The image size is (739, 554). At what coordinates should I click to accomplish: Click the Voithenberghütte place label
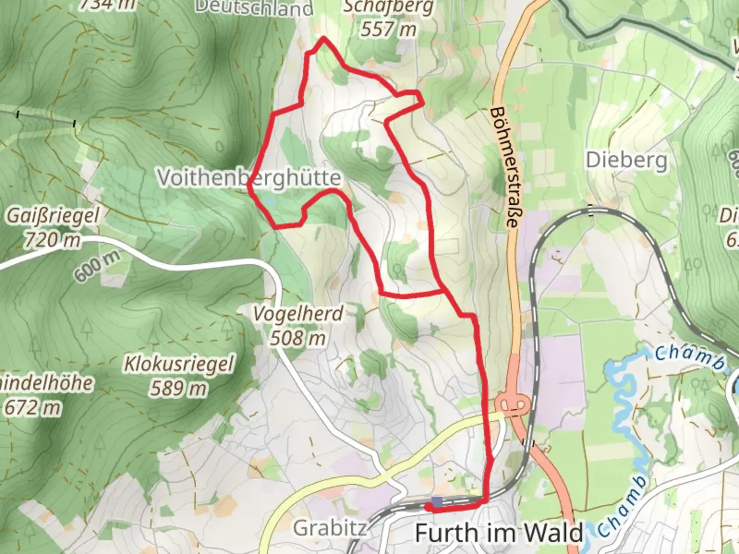(x=249, y=177)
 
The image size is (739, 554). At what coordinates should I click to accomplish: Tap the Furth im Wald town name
(x=499, y=533)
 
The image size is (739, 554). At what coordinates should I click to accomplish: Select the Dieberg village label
(x=627, y=161)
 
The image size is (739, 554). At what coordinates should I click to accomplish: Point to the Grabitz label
(x=329, y=527)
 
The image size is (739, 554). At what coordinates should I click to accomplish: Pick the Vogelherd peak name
(x=298, y=313)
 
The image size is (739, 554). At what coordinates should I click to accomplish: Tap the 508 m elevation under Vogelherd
(x=298, y=338)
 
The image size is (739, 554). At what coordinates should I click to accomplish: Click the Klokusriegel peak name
(x=179, y=364)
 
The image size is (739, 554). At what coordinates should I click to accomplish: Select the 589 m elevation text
(x=179, y=388)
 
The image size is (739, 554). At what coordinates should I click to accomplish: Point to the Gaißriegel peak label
(x=52, y=215)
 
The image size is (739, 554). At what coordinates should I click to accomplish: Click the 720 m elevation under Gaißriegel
(x=52, y=239)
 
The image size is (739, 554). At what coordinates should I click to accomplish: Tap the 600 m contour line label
(x=98, y=266)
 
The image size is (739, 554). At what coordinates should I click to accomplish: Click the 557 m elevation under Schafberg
(x=388, y=29)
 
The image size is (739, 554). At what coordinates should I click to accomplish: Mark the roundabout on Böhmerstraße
(x=513, y=403)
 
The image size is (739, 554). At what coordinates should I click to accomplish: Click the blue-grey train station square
(x=437, y=501)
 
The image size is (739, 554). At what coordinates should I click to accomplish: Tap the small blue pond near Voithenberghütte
(x=268, y=201)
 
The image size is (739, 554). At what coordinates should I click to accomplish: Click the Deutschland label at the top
(x=254, y=7)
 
